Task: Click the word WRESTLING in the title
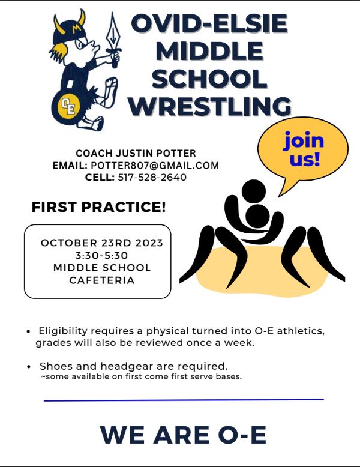pyautogui.click(x=210, y=106)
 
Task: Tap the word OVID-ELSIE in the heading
pyautogui.click(x=209, y=23)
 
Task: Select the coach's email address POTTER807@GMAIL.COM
pyautogui.click(x=155, y=165)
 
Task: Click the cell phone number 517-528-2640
pyautogui.click(x=152, y=177)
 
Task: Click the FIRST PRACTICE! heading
pyautogui.click(x=98, y=207)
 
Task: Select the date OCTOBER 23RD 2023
pyautogui.click(x=102, y=243)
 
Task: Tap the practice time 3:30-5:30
pyautogui.click(x=101, y=255)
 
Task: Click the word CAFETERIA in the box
pyautogui.click(x=102, y=280)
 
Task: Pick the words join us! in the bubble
pyautogui.click(x=304, y=149)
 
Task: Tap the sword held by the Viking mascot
pyautogui.click(x=113, y=40)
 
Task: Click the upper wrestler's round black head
pyautogui.click(x=254, y=191)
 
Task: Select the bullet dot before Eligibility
pyautogui.click(x=29, y=331)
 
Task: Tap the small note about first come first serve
pyautogui.click(x=141, y=376)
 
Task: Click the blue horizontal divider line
pyautogui.click(x=184, y=400)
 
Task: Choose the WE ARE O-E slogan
pyautogui.click(x=183, y=435)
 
